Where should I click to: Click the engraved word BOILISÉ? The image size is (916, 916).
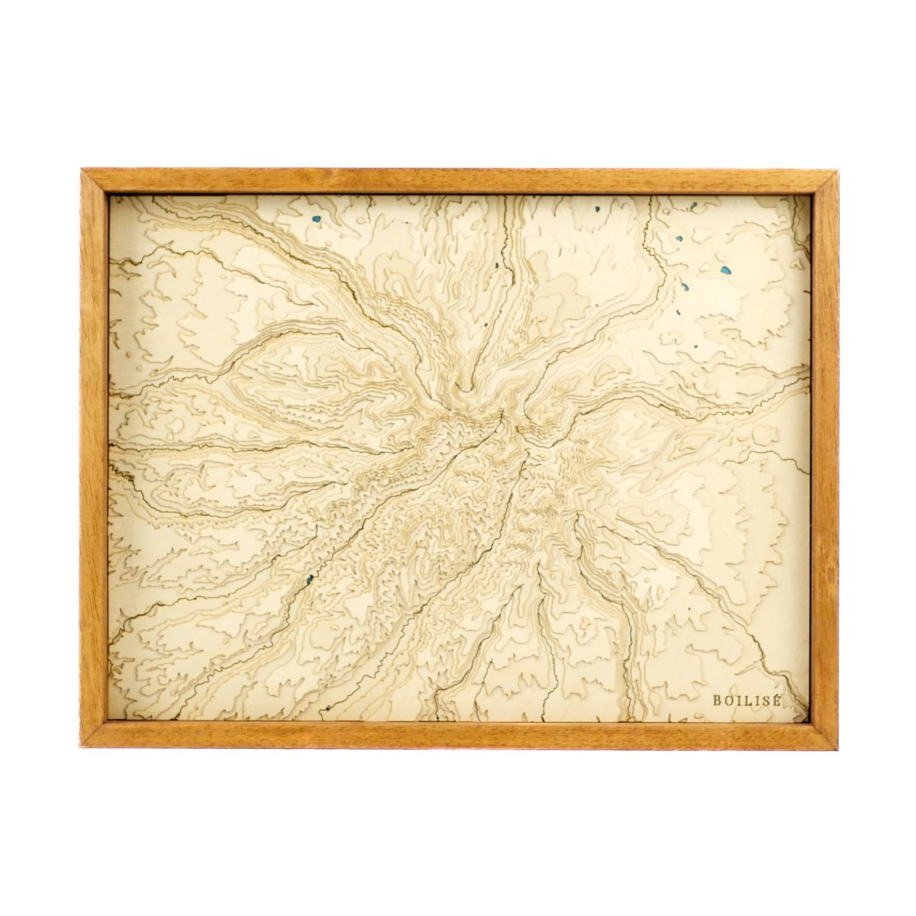(747, 699)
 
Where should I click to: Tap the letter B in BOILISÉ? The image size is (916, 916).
(717, 699)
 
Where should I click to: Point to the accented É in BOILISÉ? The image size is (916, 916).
(778, 698)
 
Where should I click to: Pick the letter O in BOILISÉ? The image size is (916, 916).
(727, 699)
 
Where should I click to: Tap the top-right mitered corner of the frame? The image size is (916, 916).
(824, 182)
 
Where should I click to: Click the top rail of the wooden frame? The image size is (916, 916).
(458, 181)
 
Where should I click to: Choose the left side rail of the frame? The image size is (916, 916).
(94, 458)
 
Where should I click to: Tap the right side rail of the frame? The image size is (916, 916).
(824, 458)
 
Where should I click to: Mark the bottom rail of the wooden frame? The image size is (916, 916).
(458, 734)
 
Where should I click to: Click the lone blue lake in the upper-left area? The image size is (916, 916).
(317, 221)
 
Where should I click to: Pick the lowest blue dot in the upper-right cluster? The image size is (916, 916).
(695, 347)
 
